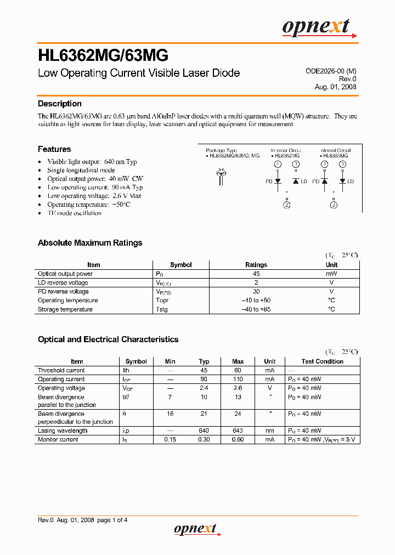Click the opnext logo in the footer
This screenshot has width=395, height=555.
195,529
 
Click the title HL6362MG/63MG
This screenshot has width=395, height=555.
103,55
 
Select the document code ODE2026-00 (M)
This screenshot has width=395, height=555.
330,71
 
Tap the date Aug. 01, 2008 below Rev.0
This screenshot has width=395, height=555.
335,87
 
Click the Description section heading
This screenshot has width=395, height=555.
59,104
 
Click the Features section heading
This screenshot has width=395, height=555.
54,149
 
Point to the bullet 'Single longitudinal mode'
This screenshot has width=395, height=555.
81,171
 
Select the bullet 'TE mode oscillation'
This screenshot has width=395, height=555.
74,213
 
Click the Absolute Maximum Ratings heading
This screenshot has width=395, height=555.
90,243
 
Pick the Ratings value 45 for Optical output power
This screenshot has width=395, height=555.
256,274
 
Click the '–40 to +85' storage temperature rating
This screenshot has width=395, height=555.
256,309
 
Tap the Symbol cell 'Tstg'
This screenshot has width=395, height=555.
162,309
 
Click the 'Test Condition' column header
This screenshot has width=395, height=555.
323,361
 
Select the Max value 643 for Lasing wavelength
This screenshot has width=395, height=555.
238,431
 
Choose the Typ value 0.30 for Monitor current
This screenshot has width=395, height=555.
204,440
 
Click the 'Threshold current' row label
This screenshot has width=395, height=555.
61,370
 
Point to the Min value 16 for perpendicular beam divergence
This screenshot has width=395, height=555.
170,414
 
